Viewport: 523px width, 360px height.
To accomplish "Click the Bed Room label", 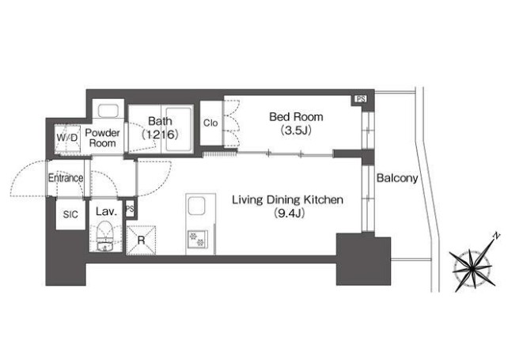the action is coord(296,117).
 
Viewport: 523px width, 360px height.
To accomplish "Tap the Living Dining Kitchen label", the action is coord(287,199).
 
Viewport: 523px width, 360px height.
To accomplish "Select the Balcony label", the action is coord(397,178).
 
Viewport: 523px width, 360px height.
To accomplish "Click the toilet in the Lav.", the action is coord(104,236).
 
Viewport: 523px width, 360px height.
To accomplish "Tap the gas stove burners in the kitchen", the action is coord(197,240).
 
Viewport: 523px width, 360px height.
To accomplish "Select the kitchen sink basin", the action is coord(196,206).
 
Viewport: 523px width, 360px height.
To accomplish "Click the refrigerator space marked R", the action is coord(141,241).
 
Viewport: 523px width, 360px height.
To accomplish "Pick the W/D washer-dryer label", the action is coord(67,138).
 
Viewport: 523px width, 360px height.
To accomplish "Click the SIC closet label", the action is coord(70,214).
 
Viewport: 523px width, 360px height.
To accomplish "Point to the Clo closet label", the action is coord(210,123).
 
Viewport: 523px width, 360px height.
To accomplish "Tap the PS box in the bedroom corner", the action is coord(360,99).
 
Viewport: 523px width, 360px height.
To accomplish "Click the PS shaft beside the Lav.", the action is coord(130,209).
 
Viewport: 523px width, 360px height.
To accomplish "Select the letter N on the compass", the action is coord(497,236).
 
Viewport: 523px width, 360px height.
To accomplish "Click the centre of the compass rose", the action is coord(472,267).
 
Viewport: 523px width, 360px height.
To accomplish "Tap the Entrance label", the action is coord(66,178).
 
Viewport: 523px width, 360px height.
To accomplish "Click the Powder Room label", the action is coord(102,138).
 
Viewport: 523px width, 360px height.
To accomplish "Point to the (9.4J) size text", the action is coord(289,213).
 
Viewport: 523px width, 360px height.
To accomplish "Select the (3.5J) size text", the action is coord(296,130).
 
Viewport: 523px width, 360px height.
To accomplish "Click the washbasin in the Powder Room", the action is coord(108,111).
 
